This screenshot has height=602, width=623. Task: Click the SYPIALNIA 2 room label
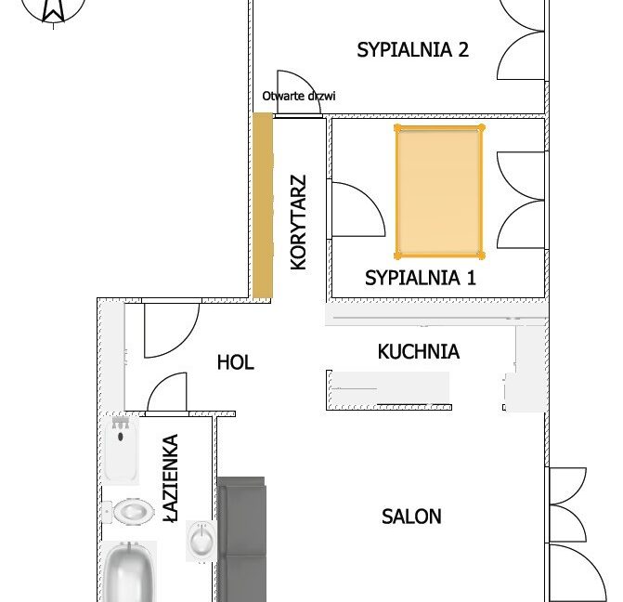coord(413,50)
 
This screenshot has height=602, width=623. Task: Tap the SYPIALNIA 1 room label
coord(421,278)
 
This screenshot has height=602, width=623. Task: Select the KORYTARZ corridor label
coord(298,222)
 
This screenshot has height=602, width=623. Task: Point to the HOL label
coord(236,362)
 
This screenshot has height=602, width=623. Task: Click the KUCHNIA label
coord(419,351)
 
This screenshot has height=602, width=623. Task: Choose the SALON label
coord(411,517)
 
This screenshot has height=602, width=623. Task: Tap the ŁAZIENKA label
coord(171,478)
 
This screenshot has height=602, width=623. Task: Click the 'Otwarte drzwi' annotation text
coord(299,96)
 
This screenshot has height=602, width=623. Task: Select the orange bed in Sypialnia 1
coord(439,191)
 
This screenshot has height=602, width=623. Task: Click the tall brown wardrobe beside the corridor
coord(263,205)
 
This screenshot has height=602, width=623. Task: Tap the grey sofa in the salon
coord(241,539)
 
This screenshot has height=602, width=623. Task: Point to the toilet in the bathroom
coord(128,511)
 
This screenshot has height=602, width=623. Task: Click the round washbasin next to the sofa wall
coord(201,541)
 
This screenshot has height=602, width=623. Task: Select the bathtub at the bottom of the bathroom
coord(129,571)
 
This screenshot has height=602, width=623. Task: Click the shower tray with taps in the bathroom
coord(122,451)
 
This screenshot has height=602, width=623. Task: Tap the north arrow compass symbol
coord(53,11)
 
